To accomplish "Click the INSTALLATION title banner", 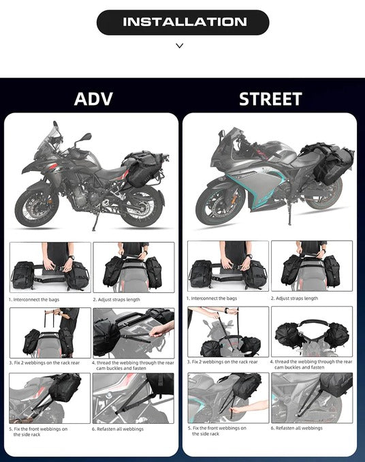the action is click(182, 22).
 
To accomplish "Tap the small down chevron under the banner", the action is click(180, 46).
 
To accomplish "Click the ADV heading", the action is click(93, 99).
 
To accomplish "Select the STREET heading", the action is click(270, 99).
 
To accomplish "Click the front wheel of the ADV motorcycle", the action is click(37, 204).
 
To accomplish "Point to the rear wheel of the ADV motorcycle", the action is click(142, 206).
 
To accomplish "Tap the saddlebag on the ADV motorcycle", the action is click(144, 168).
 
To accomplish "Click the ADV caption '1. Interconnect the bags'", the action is click(34, 300).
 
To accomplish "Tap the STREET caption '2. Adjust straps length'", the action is click(294, 298).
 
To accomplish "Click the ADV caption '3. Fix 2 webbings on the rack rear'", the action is click(44, 363).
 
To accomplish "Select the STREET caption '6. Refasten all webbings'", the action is click(296, 428).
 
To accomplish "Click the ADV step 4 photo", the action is click(133, 333).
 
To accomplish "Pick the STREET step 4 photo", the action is click(312, 331).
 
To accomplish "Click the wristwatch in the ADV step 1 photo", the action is click(72, 258).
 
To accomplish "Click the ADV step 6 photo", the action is click(133, 399).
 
